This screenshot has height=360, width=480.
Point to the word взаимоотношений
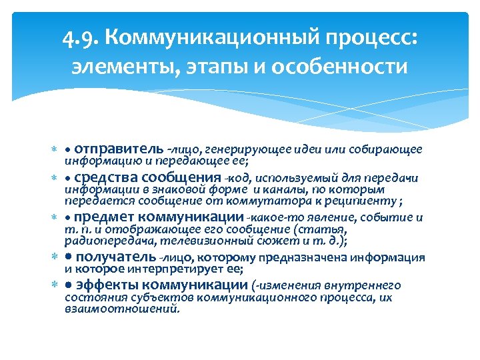[x=121, y=309]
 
